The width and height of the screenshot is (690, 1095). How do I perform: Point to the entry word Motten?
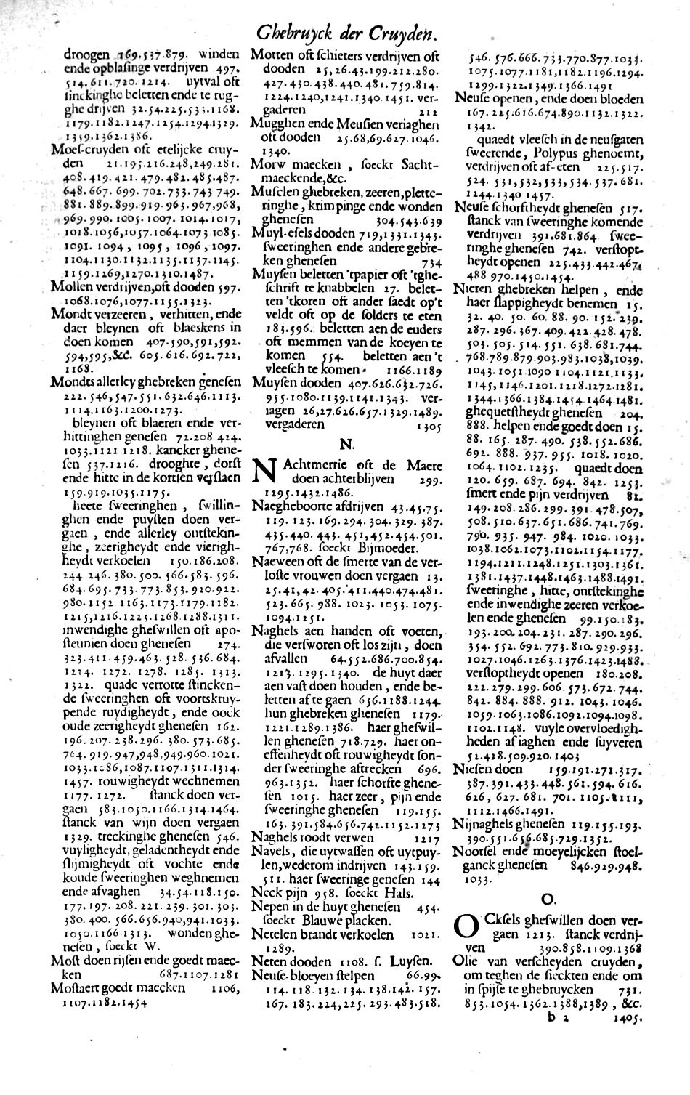[271, 54]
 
